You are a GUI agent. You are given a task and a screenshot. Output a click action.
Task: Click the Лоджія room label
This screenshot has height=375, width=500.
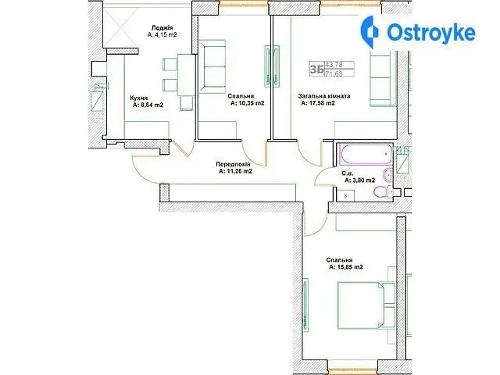click(162, 28)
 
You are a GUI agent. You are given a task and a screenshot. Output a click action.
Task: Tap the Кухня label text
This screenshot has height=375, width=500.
click(139, 98)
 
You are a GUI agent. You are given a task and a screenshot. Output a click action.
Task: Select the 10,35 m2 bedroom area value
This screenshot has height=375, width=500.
click(252, 103)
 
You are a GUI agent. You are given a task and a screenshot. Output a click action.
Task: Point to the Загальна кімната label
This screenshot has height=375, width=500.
click(324, 95)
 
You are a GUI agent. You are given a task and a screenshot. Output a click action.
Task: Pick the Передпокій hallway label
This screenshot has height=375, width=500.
click(233, 164)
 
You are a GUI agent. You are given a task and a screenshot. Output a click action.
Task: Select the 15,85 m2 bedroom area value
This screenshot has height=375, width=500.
click(349, 267)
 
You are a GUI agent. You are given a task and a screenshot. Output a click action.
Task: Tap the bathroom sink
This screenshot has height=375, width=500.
click(388, 174)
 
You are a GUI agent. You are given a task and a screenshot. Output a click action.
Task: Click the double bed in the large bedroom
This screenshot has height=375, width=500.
click(366, 305)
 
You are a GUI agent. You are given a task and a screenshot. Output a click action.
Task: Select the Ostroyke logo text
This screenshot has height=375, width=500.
click(430, 32)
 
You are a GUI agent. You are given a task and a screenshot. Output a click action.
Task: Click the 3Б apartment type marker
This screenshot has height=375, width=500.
click(316, 70)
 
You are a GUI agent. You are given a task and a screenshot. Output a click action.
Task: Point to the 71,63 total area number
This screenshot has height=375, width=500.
click(334, 74)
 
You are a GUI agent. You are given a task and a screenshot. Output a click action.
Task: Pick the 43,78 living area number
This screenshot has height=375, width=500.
click(334, 65)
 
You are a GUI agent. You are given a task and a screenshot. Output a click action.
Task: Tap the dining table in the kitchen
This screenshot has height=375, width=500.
click(186, 75)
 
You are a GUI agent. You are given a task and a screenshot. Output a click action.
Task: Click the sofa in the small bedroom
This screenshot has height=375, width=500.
click(212, 66)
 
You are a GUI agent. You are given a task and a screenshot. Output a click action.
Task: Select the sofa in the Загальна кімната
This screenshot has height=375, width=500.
click(383, 79)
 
